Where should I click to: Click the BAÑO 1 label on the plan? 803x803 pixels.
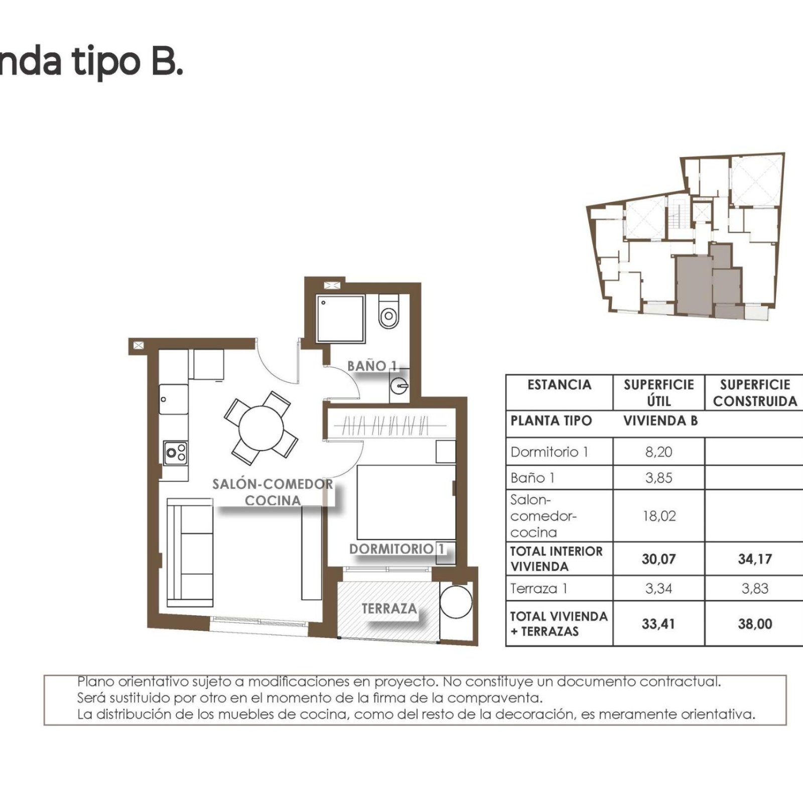[372, 366]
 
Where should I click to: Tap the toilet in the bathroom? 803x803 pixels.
[388, 311]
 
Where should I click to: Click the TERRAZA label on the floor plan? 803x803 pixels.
[389, 609]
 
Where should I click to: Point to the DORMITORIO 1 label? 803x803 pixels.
[397, 549]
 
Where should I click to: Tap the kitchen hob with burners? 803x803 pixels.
[176, 453]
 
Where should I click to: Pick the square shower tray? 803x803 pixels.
[340, 319]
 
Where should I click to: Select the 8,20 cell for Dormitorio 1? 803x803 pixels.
[658, 452]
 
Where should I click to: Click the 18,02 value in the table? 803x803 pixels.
[659, 516]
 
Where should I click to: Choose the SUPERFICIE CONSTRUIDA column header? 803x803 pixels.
[755, 393]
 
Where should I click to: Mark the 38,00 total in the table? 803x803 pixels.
[755, 624]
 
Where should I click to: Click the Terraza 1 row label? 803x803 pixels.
[539, 588]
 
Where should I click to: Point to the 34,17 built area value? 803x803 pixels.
[755, 559]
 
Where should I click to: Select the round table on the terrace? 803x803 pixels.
[456, 601]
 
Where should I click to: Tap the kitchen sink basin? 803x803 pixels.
[174, 399]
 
